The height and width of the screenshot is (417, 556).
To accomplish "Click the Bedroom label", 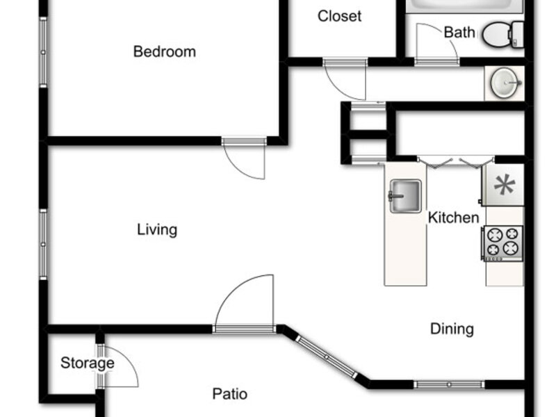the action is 165,51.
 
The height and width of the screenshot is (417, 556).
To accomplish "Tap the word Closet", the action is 339,16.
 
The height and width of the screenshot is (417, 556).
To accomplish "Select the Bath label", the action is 459,32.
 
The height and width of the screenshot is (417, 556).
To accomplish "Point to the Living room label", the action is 157,230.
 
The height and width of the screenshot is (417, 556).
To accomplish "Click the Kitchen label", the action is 454,218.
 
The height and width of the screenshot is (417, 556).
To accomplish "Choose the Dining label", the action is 452,329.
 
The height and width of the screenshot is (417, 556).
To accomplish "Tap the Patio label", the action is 230,394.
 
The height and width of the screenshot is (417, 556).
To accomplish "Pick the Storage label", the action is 88,363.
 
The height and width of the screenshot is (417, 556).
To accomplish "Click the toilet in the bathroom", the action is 503,35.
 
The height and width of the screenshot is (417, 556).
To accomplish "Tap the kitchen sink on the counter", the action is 405,197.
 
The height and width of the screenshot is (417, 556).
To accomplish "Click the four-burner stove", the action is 502,243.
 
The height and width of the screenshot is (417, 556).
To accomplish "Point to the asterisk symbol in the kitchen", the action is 505,185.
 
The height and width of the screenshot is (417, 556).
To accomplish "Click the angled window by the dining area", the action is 327,357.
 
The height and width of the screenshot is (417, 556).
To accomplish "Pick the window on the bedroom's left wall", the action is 43,52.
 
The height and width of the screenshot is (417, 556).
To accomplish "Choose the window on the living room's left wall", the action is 43,245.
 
